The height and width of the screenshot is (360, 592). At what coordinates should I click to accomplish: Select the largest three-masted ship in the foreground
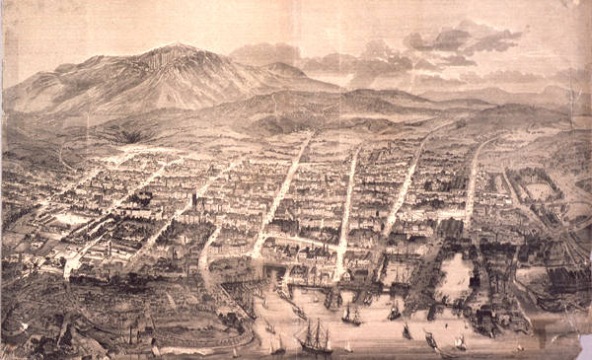coord(316,335)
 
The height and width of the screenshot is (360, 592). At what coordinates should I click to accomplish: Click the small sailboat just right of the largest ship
coord(348,345)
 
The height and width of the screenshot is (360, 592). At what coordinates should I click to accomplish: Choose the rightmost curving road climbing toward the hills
coord(474,168)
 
